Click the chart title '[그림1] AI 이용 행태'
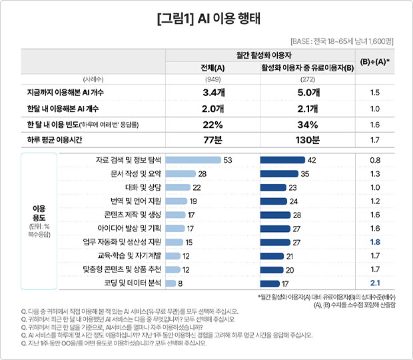click(x=206, y=19)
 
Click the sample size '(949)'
click(x=212, y=79)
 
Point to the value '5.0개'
click(x=308, y=93)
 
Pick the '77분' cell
click(x=212, y=139)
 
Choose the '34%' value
click(x=308, y=125)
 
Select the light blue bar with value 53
click(x=193, y=161)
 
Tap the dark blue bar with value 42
click(x=283, y=161)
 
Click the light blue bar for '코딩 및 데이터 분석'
click(x=171, y=283)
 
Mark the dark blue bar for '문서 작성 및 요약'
click(x=279, y=174)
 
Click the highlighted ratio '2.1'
click(x=374, y=283)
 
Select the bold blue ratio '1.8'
click(x=374, y=242)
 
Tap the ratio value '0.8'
click(x=374, y=161)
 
